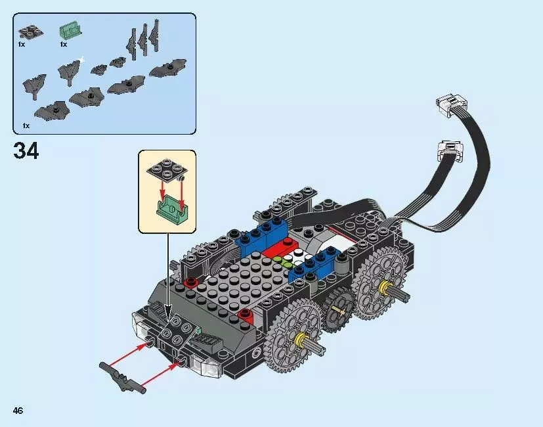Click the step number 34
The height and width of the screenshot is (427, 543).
[x=26, y=151]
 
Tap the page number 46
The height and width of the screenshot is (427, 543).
[x=18, y=411]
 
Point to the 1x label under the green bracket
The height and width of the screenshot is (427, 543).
[x=64, y=45]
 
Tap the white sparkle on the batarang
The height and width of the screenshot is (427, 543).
[x=81, y=60]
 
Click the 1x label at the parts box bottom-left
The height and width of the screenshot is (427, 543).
[x=26, y=125]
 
